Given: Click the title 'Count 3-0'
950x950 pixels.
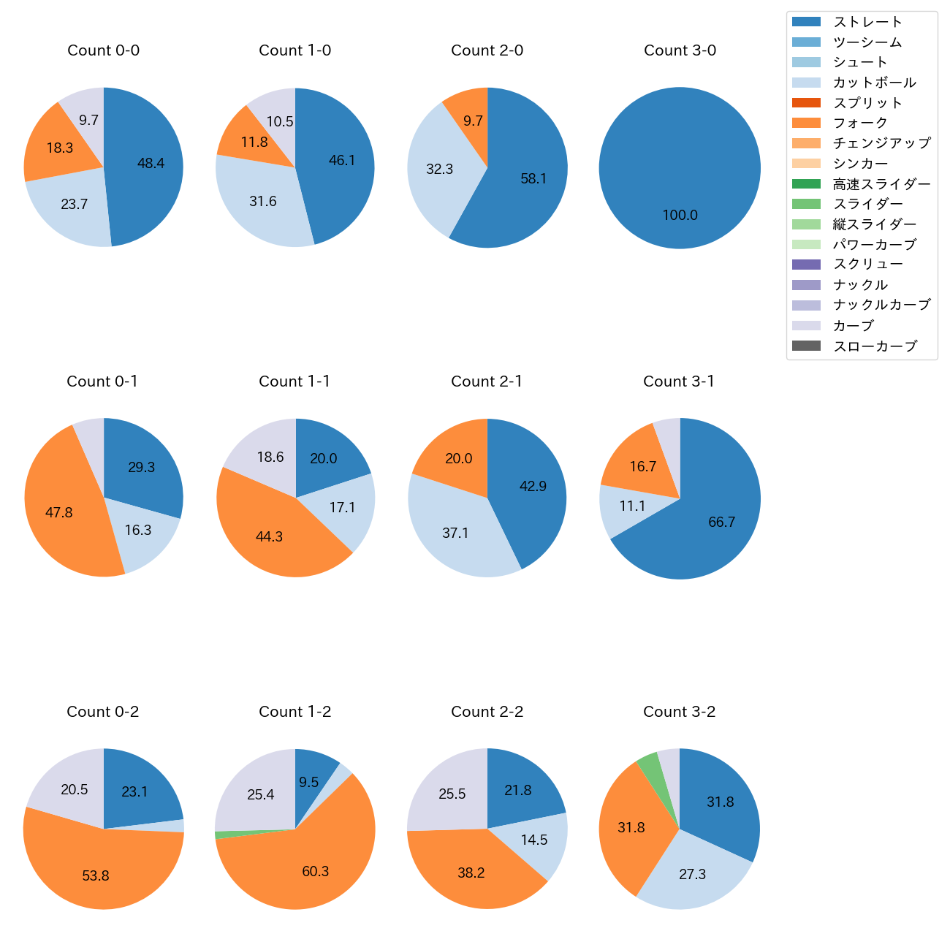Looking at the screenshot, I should point(680,50).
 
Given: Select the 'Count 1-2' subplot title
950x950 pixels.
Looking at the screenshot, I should point(295,712).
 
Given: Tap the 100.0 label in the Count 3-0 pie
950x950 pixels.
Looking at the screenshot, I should point(680,215).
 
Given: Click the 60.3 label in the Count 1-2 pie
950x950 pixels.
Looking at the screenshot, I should point(315,871).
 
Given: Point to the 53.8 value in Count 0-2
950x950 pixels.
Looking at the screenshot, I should point(96,875).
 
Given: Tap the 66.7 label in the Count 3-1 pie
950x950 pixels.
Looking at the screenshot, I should point(721,522).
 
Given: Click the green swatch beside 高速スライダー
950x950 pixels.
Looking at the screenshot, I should point(806,183).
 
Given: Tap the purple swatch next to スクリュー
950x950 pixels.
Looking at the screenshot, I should point(806,265).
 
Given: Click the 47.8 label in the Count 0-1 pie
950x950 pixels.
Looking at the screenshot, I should point(58,512).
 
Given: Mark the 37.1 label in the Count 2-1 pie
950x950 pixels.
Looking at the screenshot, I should point(455,533).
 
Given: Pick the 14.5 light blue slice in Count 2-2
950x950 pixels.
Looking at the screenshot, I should point(537,840).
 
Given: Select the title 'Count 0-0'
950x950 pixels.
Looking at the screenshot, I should point(104,50).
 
